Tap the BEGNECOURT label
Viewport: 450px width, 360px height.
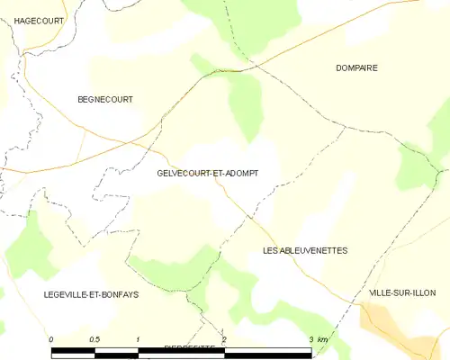[105, 99]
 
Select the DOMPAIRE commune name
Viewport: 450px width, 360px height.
[356, 67]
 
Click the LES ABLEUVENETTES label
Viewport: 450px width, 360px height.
[305, 250]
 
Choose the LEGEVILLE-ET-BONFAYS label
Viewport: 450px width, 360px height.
[91, 294]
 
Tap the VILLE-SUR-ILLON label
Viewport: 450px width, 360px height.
[409, 293]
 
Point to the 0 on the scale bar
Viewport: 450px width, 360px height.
[52, 338]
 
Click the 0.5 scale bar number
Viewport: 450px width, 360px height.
[94, 338]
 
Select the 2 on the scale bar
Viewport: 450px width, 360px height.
[224, 338]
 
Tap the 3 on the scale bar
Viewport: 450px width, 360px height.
[310, 338]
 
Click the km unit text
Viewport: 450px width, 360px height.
[323, 338]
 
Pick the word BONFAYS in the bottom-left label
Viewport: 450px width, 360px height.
[119, 294]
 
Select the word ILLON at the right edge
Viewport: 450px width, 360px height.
[434, 293]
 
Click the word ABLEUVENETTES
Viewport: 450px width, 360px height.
[315, 250]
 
